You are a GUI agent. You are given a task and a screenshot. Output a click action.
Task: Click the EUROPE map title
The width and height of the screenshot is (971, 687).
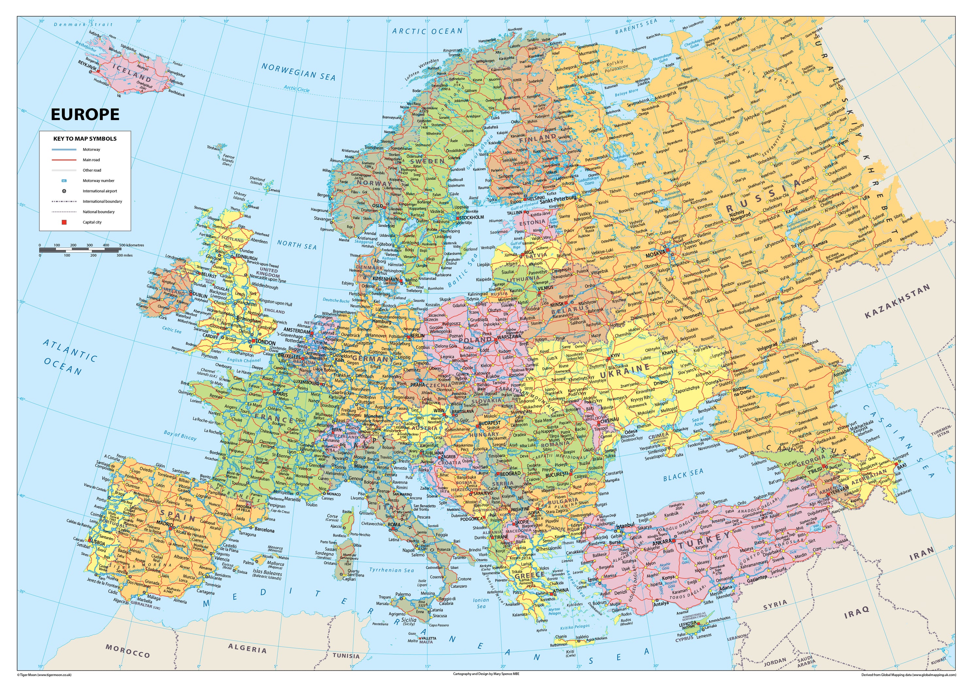point(85,114)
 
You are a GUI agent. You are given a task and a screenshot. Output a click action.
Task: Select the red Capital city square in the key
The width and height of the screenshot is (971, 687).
point(64,222)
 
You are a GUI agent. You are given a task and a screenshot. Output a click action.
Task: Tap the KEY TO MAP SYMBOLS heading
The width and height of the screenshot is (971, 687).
point(85,138)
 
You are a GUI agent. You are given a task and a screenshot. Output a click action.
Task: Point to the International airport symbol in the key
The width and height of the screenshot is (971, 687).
point(64,191)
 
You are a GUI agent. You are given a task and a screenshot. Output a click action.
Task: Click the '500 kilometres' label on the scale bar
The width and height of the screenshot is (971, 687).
point(131,245)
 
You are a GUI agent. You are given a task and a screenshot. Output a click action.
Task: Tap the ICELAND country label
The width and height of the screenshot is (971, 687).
point(134,77)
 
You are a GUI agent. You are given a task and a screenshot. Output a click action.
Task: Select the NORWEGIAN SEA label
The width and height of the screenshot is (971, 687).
point(298,72)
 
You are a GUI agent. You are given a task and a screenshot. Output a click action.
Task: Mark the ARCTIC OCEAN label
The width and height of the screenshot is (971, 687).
point(427,31)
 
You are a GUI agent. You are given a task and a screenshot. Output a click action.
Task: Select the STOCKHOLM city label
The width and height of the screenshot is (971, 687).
point(471,217)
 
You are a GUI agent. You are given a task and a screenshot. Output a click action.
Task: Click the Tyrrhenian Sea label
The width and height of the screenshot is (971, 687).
point(392,570)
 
